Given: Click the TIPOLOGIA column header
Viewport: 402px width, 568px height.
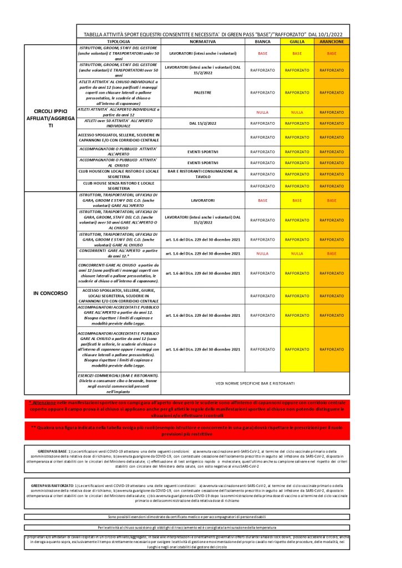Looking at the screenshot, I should click(119, 42).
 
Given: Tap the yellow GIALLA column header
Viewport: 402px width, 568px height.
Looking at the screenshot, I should click(297, 42).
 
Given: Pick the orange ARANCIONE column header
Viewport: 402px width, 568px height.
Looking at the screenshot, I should click(332, 42).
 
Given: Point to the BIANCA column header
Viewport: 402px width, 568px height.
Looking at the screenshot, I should click(262, 42).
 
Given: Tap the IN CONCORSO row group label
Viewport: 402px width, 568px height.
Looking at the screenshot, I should click(50, 292).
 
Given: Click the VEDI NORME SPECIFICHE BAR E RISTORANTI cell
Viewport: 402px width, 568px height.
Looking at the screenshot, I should click(255, 383).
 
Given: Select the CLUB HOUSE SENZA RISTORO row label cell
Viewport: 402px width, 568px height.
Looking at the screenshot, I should click(119, 185).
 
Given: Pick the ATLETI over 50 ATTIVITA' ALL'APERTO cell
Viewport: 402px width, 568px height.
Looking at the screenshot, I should click(119, 123).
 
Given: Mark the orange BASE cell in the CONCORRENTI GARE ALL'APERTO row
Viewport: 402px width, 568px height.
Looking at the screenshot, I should click(332, 253).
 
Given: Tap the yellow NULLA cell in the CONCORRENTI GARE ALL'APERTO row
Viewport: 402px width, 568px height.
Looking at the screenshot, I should click(297, 253).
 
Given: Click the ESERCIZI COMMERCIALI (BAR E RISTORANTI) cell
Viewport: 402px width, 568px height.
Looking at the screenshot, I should click(119, 383).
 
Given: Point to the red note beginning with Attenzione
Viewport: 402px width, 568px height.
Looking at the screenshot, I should click(186, 408).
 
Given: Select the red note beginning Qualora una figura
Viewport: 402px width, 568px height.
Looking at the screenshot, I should click(186, 430).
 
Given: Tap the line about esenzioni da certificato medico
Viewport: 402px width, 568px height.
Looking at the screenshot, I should click(186, 516).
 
